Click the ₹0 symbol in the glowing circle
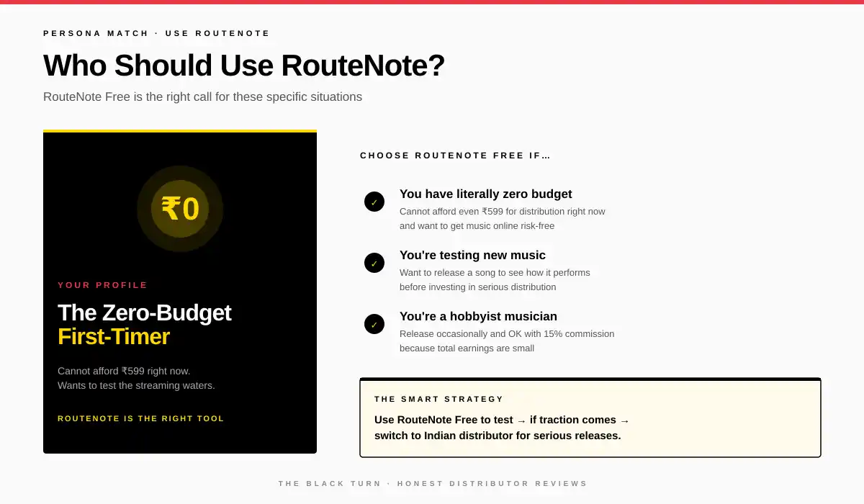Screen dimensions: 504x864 click(180, 209)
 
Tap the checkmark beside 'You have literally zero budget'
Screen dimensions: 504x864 click(374, 202)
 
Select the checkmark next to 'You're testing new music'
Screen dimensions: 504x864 click(374, 263)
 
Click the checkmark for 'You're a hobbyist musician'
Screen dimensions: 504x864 click(374, 324)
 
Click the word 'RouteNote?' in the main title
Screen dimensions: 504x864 click(363, 66)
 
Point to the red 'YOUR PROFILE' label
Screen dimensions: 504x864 click(102, 285)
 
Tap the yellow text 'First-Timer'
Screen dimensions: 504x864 click(114, 336)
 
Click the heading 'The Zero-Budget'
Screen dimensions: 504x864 click(144, 312)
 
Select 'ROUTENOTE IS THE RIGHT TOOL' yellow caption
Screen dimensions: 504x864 click(140, 418)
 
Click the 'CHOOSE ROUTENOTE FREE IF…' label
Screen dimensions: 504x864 click(455, 156)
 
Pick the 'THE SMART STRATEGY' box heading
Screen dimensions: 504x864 click(438, 399)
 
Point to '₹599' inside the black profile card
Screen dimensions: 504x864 click(132, 371)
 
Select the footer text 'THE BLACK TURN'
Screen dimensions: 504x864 click(330, 484)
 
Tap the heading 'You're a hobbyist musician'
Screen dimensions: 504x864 click(478, 316)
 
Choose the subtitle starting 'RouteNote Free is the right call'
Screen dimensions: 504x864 click(202, 96)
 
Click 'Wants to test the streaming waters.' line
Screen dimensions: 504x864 click(136, 385)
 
